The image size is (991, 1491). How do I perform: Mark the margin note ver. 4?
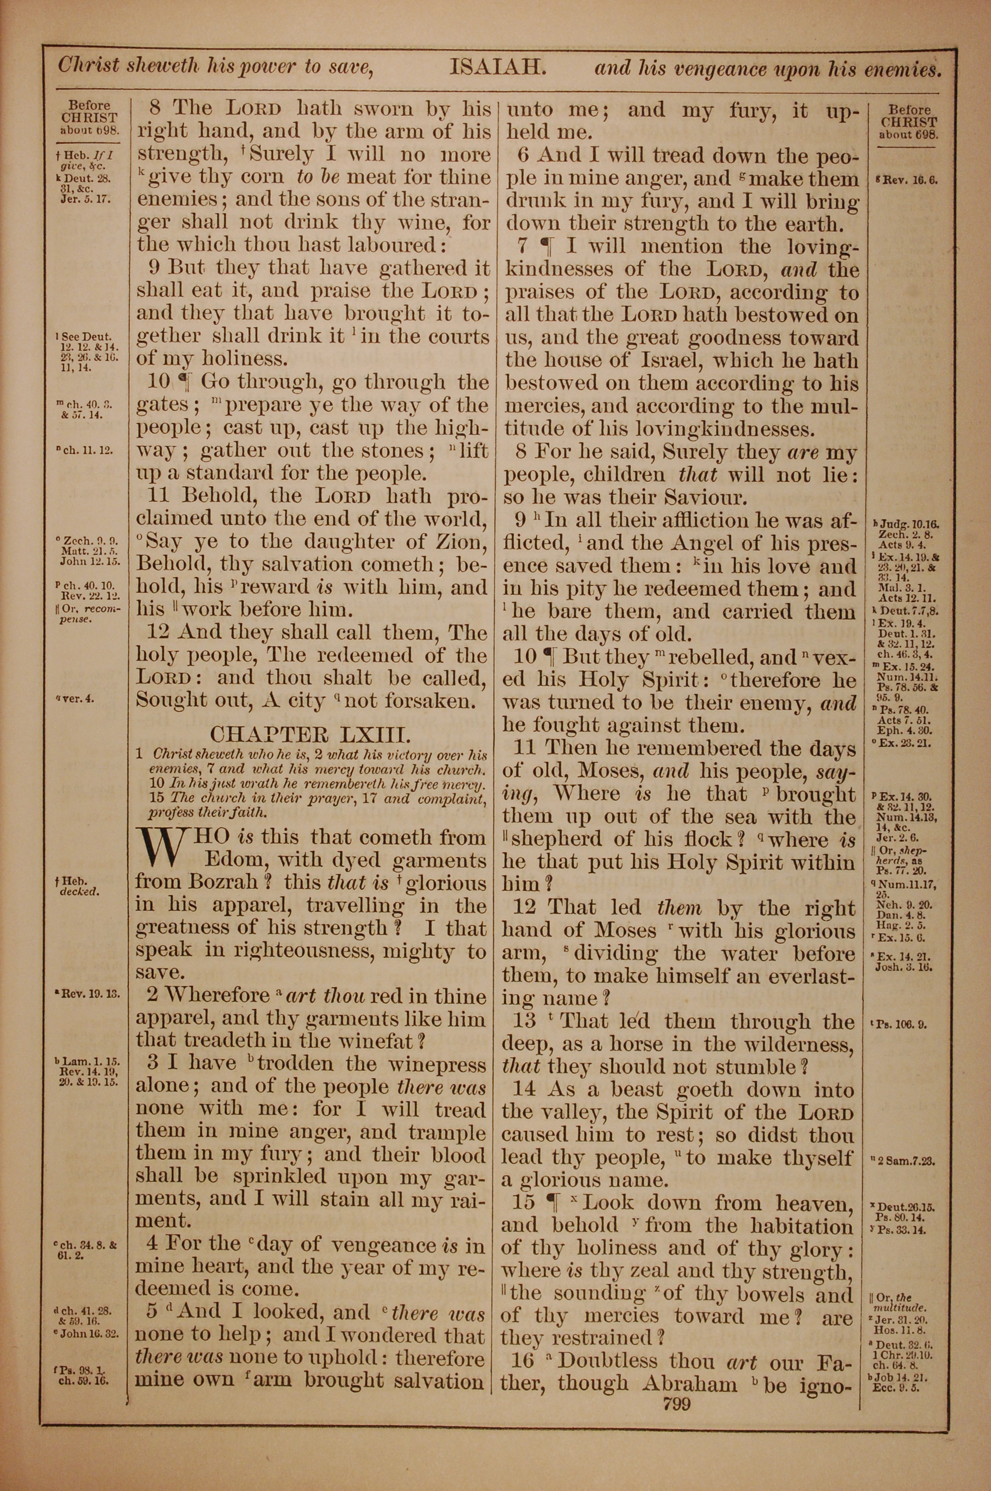76,700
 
